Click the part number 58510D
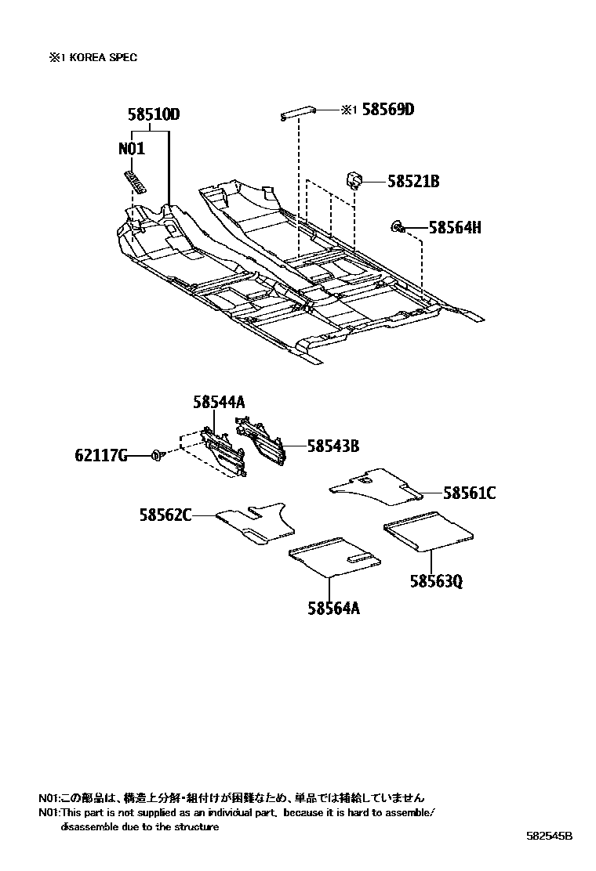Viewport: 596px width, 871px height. (x=154, y=115)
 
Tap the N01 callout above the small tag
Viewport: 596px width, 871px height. (x=133, y=149)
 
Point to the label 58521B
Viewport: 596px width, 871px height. (x=413, y=182)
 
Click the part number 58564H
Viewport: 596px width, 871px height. (x=455, y=228)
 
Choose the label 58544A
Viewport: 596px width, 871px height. (x=220, y=403)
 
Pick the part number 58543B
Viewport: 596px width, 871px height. (x=333, y=446)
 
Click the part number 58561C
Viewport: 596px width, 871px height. (x=469, y=493)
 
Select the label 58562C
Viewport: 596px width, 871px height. (x=166, y=515)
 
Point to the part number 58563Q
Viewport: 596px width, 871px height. (x=435, y=581)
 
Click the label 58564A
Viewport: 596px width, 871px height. (x=334, y=608)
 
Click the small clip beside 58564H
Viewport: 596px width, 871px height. (x=398, y=228)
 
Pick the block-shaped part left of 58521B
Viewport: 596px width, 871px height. (x=354, y=180)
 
